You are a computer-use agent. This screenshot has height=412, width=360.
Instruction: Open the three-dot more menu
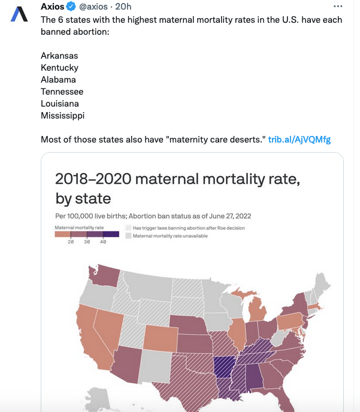(x=338, y=7)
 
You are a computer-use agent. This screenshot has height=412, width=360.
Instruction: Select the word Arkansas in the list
(x=59, y=56)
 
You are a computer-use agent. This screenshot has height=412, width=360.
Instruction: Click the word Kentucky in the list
(x=59, y=68)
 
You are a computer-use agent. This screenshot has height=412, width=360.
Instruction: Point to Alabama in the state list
(x=58, y=80)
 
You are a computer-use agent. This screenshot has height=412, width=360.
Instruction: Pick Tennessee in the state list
(x=62, y=92)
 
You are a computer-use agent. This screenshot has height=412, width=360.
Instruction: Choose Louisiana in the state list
(x=60, y=104)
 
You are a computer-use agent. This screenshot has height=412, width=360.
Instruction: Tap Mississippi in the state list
(x=62, y=116)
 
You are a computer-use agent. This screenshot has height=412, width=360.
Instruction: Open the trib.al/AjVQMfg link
(x=299, y=140)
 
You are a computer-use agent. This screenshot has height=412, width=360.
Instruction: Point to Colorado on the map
(x=160, y=338)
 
